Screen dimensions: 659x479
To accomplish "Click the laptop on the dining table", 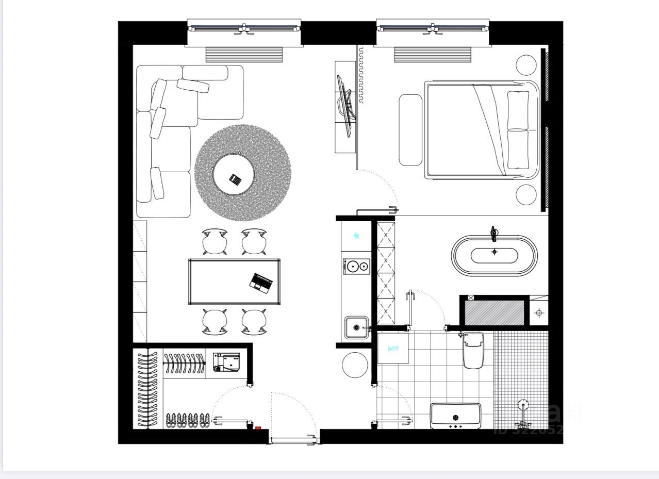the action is pos(261,283).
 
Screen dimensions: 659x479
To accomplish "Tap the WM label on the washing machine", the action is pos(393,349).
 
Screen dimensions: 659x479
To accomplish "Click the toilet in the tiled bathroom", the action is pos(473,350).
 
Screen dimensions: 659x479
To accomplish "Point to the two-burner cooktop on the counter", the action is pos(356,266).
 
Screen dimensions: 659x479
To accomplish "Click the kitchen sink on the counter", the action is pos(356,327).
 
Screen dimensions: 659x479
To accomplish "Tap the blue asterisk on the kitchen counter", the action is pos(356,236).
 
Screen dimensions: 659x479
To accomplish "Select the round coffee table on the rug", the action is pos(234,175).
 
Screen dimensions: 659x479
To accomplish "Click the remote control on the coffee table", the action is pos(235,179).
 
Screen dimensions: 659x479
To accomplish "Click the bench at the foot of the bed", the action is pos(410,129).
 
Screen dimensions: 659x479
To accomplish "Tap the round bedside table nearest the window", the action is pos(526,65).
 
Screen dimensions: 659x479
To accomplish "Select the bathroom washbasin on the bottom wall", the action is pos(455,416).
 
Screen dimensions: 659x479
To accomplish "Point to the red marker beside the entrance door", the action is pos(258,427).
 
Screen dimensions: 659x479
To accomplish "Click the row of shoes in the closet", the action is pos(188,420).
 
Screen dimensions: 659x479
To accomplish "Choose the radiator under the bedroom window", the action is pos(432,55).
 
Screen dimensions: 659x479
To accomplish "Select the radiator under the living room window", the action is pos(244,55).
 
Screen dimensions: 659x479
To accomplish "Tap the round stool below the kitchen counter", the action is pos(355,365).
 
